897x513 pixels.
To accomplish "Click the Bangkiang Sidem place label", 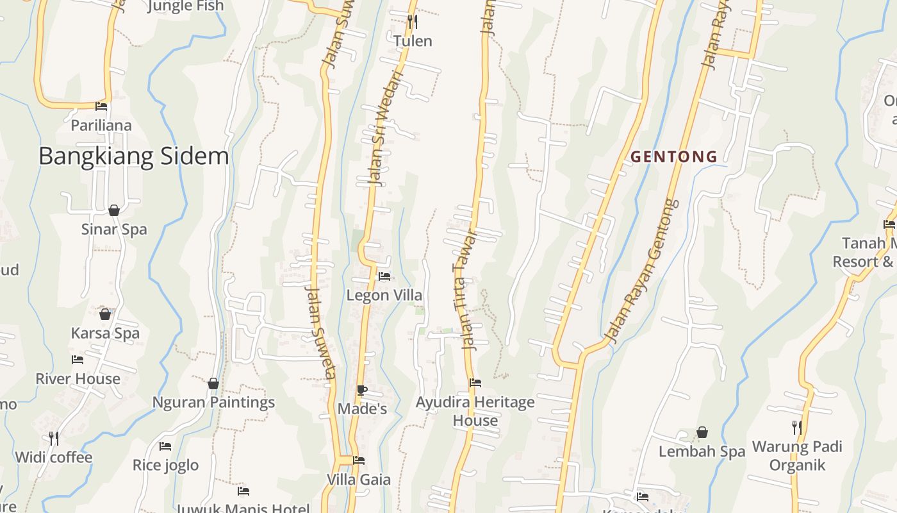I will point(133,156).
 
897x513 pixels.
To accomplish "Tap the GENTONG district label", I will point(674,156).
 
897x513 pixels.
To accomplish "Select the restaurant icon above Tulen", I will point(413,22).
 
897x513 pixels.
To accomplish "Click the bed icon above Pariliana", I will point(101,106).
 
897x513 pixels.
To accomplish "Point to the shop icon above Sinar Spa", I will point(114,210).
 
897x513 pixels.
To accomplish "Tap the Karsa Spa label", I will point(105,333).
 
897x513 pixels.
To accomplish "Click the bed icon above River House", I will point(78,360).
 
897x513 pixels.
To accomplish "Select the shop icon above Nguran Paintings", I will point(213,383).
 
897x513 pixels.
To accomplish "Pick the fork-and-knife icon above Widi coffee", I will point(54,438).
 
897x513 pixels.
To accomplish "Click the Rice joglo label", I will point(165,465).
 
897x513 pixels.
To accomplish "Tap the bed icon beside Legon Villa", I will point(384,276).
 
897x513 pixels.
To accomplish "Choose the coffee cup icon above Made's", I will point(362,389).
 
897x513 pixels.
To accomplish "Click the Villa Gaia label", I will point(359,480).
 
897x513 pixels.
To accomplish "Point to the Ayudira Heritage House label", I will point(475,411).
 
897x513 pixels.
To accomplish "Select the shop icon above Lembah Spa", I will point(702,432).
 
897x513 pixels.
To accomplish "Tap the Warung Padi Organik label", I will point(797,455).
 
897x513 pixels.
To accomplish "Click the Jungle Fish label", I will point(186,6).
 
